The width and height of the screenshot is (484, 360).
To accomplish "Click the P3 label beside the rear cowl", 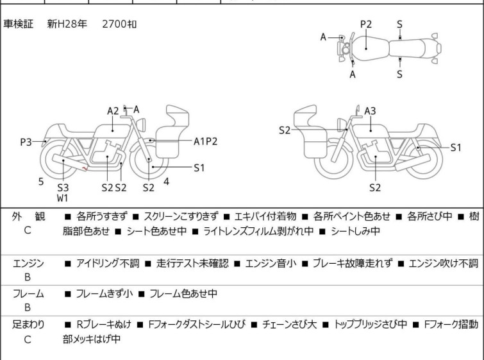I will click(x=26, y=142).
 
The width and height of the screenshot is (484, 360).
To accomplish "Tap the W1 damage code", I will click(x=62, y=198).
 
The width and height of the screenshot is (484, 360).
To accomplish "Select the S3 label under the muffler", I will click(x=62, y=187).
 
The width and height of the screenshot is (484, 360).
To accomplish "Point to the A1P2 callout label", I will click(x=206, y=141).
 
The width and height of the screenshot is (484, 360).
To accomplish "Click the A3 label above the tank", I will click(x=370, y=111).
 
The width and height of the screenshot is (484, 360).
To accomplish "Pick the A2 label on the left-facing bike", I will click(x=113, y=111).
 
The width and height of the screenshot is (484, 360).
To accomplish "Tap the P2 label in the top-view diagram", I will click(x=365, y=24).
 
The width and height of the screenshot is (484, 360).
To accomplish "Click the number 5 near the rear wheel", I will click(x=41, y=182).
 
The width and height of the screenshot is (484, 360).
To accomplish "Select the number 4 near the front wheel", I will click(x=166, y=182).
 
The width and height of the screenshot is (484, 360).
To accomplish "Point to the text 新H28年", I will click(x=67, y=24).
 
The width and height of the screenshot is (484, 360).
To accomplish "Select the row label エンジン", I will click(x=28, y=263).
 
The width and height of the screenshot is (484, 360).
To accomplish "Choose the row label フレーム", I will click(x=28, y=294).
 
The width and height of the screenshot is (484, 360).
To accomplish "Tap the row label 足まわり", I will click(x=28, y=325).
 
